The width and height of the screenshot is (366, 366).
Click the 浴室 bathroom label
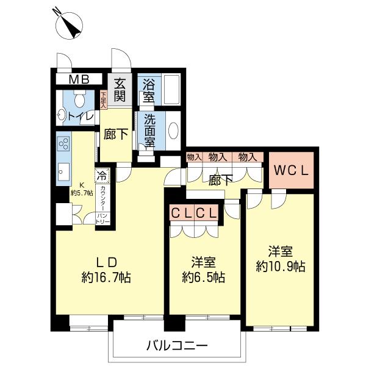point(148,90)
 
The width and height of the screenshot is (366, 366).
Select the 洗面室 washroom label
point(149,129)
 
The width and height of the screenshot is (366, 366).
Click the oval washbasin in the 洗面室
point(173,131)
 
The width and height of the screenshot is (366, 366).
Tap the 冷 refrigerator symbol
point(102,175)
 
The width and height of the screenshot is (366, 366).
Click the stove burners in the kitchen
point(63,145)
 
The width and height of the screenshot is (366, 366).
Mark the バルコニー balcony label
point(177,345)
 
